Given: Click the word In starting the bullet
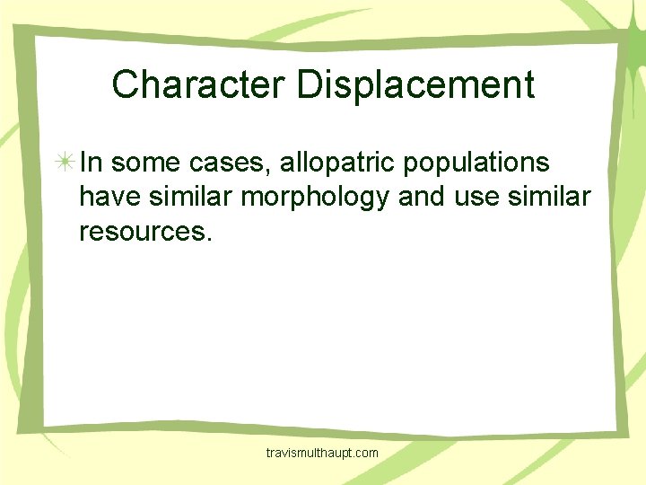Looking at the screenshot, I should coord(91,163).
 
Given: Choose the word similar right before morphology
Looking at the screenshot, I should coord(189,197).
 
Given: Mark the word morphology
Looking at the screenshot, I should coord(318,197).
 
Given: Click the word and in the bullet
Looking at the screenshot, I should coord(421,197).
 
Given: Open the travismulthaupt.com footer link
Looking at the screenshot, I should coord(323,454).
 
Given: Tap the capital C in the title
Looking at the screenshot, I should coord(125,84).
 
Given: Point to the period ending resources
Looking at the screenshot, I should coord(211,239).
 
